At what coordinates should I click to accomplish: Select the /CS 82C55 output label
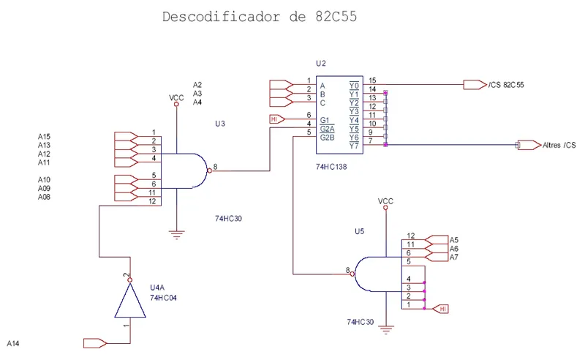pos(506,86)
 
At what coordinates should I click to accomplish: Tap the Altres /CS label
pos(559,146)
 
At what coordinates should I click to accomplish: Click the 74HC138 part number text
pos(332,167)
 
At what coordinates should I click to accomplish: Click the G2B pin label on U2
pos(327,137)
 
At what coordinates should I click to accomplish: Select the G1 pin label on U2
pos(325,119)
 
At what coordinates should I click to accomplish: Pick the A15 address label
pos(44,137)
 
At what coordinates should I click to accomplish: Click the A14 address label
pos(13,342)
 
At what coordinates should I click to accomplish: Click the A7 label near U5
pos(454,258)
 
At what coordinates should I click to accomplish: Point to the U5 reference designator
pos(359,231)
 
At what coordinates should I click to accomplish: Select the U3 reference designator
pos(220,124)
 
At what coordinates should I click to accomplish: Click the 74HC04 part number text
pos(164,299)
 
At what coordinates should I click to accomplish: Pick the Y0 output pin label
pos(354,85)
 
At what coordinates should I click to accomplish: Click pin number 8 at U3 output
pos(215,167)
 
